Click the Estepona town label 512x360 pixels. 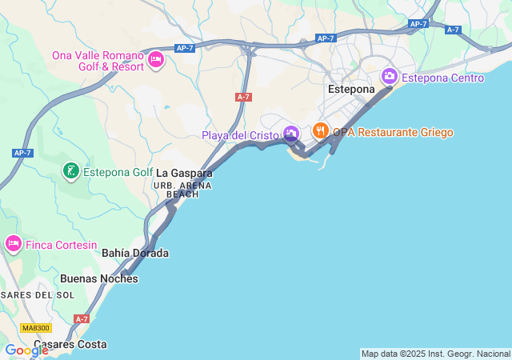click(x=351, y=89)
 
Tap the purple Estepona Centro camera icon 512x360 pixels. click(x=390, y=77)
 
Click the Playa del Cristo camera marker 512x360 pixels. click(x=291, y=134)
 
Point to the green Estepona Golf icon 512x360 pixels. click(x=71, y=171)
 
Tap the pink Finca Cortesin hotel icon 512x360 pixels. click(x=13, y=243)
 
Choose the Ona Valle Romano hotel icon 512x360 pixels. click(x=156, y=58)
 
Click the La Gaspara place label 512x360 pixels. click(x=184, y=173)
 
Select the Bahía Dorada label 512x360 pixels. click(x=135, y=253)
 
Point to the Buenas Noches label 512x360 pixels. click(x=99, y=279)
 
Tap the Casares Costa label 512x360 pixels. click(x=70, y=345)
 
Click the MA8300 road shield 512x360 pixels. click(x=36, y=328)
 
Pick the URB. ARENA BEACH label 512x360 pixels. click(x=182, y=190)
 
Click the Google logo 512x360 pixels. click(x=26, y=350)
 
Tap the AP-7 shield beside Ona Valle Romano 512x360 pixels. click(x=185, y=48)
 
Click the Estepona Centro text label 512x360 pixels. click(x=442, y=78)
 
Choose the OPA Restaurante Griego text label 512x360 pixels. click(x=393, y=132)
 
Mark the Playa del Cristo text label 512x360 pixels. click(x=240, y=135)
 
